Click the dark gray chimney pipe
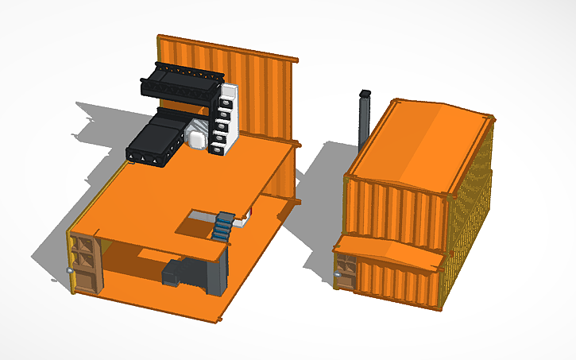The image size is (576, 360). [364, 123]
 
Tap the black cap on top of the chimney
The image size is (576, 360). [365, 93]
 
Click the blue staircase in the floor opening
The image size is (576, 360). [224, 226]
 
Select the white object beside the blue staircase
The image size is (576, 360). [249, 213]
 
